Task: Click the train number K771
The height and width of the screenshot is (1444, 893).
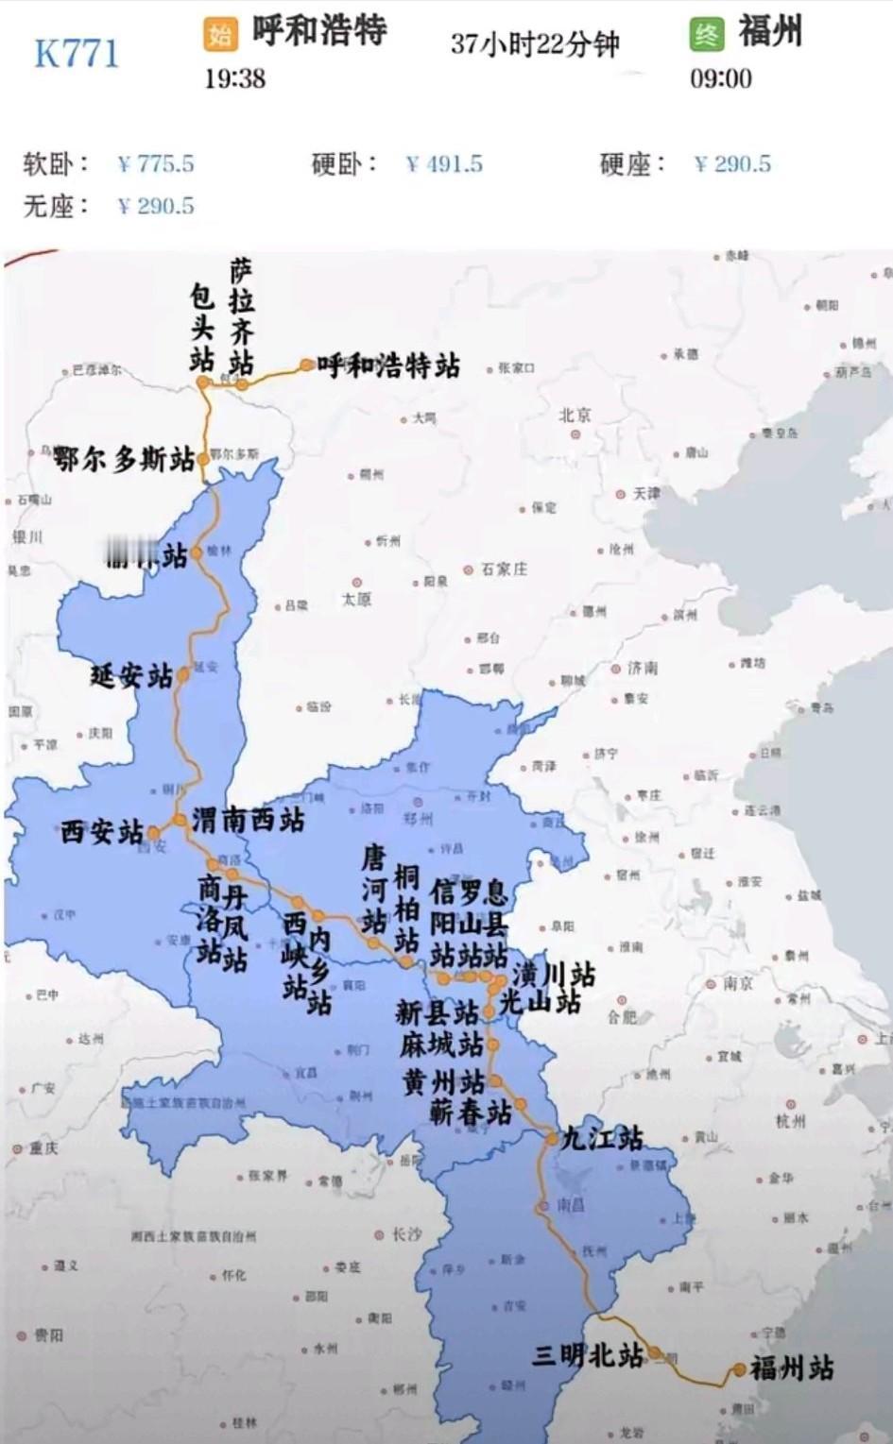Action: point(77,54)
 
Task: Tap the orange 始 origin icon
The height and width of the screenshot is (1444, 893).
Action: point(219,35)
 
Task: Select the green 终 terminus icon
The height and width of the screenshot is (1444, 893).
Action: point(706,35)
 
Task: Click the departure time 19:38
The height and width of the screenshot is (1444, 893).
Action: point(235,78)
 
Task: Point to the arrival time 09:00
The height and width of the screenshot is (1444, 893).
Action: point(721,78)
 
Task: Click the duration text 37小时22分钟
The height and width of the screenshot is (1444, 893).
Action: point(535,43)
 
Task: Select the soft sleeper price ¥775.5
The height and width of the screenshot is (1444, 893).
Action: point(156,164)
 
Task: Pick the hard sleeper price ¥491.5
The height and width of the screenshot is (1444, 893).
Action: point(444,164)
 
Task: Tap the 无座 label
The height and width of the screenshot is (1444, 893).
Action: point(55,206)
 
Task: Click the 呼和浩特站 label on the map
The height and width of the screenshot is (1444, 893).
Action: point(388,365)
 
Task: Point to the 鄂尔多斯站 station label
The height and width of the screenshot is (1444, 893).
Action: point(124,460)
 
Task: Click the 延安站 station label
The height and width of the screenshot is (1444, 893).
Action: point(131,676)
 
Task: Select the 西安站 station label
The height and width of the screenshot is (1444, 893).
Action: point(101,832)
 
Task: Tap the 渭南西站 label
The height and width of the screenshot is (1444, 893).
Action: point(249,819)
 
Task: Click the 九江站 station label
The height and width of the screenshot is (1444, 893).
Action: point(602,1138)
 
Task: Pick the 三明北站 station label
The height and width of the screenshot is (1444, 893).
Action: point(587,1355)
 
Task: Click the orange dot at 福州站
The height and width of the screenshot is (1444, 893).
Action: point(739,1369)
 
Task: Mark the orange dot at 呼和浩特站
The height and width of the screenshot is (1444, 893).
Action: point(307,365)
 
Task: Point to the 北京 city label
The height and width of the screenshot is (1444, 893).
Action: point(575,415)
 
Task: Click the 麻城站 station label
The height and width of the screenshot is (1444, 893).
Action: point(440,1045)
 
